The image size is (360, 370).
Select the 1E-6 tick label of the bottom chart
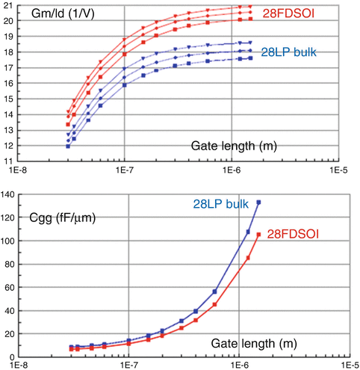tap(239, 365)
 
